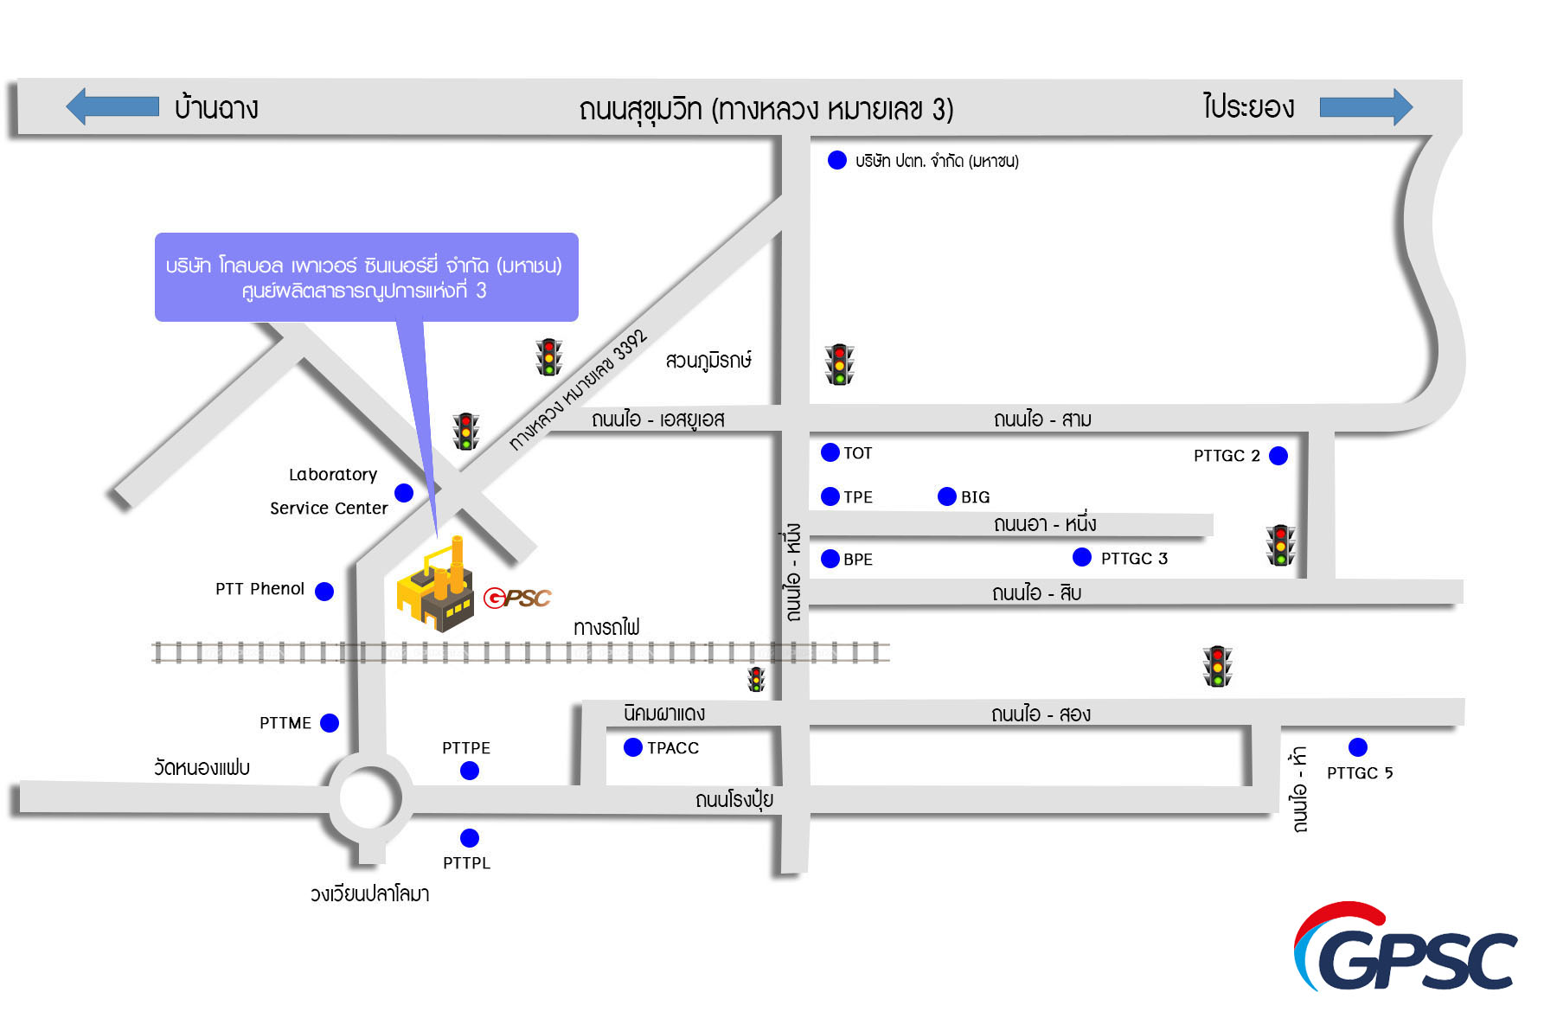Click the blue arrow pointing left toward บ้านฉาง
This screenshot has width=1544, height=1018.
[112, 106]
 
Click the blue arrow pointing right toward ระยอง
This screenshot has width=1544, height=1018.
[1366, 107]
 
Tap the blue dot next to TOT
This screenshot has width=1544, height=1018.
[830, 451]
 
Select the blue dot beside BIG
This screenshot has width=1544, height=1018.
[947, 496]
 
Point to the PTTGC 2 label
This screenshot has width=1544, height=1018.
[1227, 456]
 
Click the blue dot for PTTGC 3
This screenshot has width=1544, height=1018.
[1082, 557]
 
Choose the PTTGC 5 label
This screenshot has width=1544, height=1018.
[1360, 773]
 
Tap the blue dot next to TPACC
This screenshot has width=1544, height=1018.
[633, 747]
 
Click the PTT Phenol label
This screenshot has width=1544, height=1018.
[259, 589]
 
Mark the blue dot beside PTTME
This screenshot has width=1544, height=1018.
[330, 723]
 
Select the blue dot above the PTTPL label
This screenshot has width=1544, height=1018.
[470, 837]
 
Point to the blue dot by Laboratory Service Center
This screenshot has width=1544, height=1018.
[404, 493]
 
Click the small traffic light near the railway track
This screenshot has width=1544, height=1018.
[757, 679]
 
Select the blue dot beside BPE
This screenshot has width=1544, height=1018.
[830, 559]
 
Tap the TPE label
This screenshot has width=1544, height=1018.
[858, 497]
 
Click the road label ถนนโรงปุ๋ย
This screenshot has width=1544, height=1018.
[734, 799]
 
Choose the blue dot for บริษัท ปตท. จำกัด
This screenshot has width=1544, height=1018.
[837, 160]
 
